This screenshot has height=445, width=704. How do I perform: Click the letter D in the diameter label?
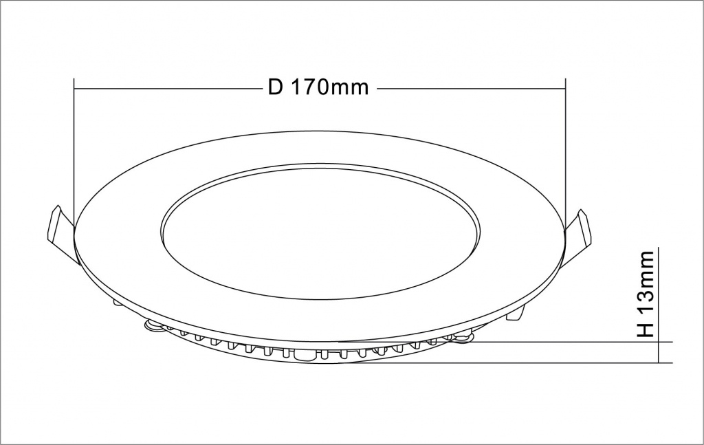coord(275,87)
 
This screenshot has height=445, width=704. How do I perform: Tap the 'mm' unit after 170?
coord(350,89)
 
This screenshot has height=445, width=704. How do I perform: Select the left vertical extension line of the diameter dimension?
coord(74,153)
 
